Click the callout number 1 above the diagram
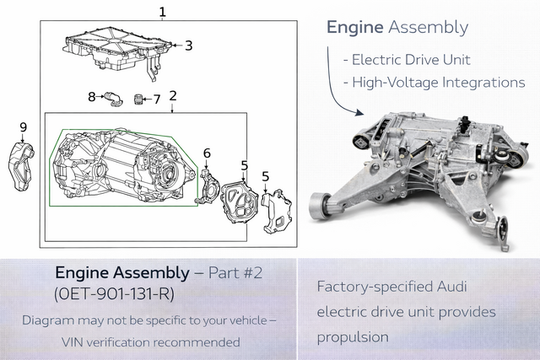point(162,12)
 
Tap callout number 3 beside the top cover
point(188,46)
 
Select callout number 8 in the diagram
point(92,97)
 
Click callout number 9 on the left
point(23,127)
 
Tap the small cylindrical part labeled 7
point(136,101)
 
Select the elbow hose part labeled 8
point(111,99)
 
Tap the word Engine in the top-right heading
point(353,27)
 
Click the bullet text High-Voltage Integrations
point(434,82)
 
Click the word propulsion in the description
point(353,336)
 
